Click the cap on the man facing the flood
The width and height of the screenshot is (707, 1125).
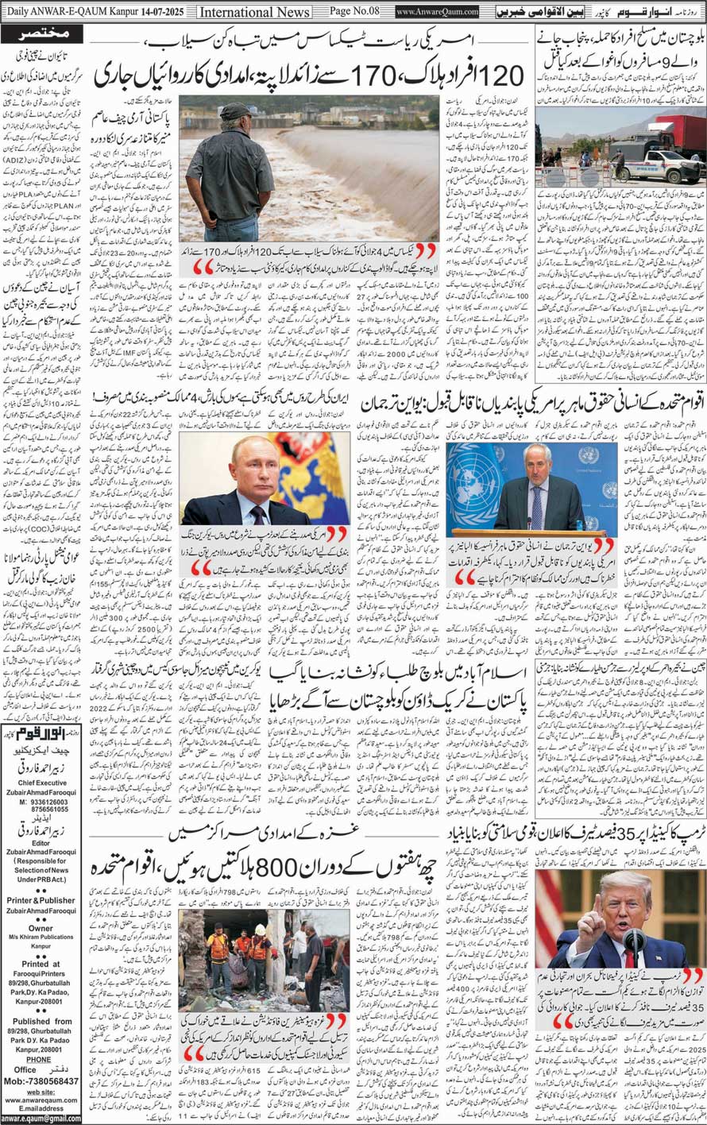pos(236,112)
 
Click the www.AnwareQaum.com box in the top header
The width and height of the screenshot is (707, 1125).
pos(437,12)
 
